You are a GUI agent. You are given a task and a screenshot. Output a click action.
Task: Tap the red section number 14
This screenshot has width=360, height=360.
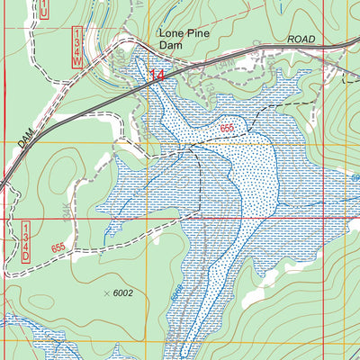click(158, 77)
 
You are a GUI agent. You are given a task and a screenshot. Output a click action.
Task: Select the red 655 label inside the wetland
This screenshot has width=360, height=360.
click(229, 130)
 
